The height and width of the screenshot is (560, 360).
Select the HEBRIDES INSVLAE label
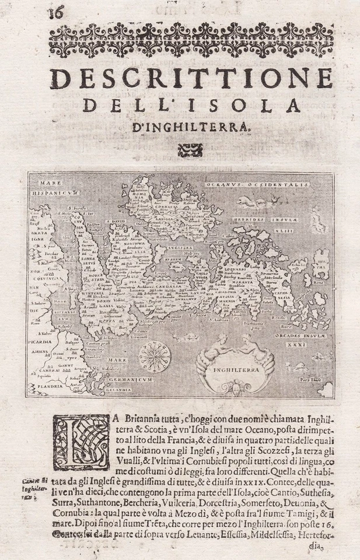[x=264, y=220]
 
